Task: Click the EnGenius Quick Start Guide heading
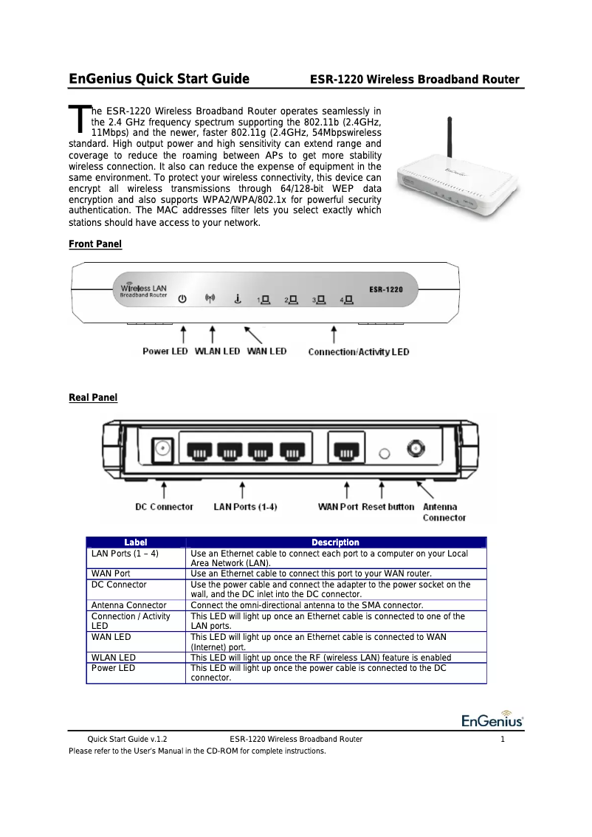click(x=159, y=80)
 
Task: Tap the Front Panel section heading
click(x=95, y=244)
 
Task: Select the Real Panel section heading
click(x=93, y=398)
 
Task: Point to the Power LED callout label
click(x=165, y=352)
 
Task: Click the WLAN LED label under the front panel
click(x=217, y=352)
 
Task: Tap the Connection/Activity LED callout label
click(x=358, y=352)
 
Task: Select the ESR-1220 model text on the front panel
click(x=386, y=290)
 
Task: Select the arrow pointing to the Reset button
click(x=382, y=490)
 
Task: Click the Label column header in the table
click(x=135, y=542)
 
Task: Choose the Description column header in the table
click(x=335, y=542)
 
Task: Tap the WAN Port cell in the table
click(x=111, y=573)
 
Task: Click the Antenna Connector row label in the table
click(x=128, y=604)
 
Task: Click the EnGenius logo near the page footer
click(x=492, y=720)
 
